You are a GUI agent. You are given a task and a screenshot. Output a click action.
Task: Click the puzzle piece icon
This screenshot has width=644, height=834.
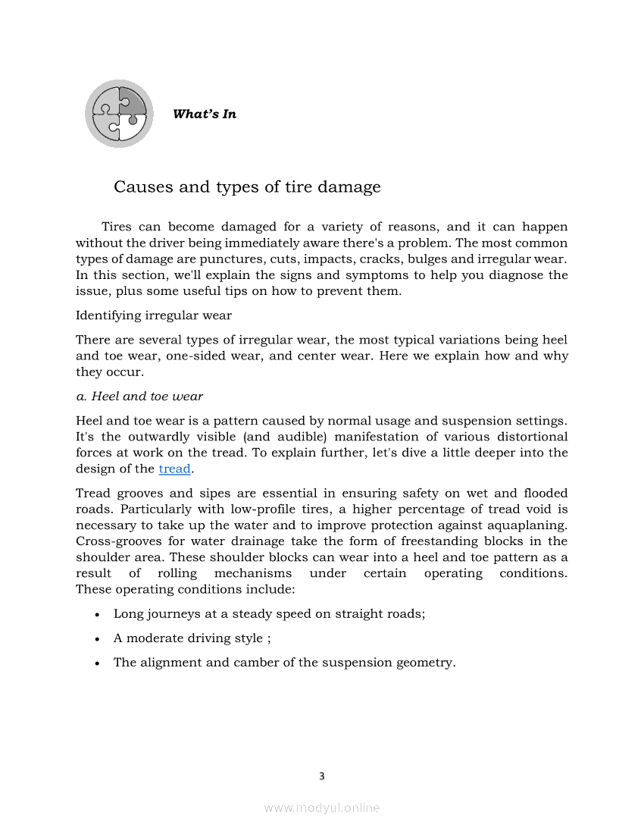coord(119,114)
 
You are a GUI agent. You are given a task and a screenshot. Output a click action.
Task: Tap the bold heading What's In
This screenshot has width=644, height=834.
coord(205,114)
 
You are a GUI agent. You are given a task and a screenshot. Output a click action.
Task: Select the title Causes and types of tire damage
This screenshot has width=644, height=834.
coord(247,187)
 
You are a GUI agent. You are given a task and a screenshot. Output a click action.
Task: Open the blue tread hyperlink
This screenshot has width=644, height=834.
coord(174,469)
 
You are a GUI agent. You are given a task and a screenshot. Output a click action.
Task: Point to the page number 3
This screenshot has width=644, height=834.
coord(322,776)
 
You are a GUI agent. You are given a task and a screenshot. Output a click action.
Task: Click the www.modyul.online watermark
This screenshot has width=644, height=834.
coord(322,808)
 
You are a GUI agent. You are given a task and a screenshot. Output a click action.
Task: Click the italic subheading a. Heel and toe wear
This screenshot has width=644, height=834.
coord(139,396)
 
